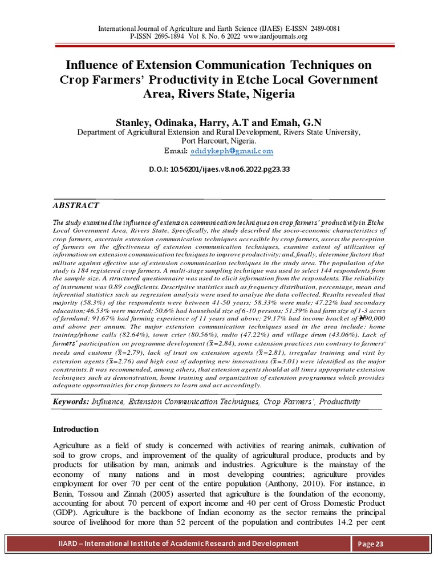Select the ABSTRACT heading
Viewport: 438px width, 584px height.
click(76, 205)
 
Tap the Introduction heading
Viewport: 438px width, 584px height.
click(76, 429)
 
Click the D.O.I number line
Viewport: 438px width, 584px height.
click(219, 170)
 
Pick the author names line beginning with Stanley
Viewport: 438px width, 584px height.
click(219, 121)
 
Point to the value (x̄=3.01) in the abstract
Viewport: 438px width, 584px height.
click(283, 362)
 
